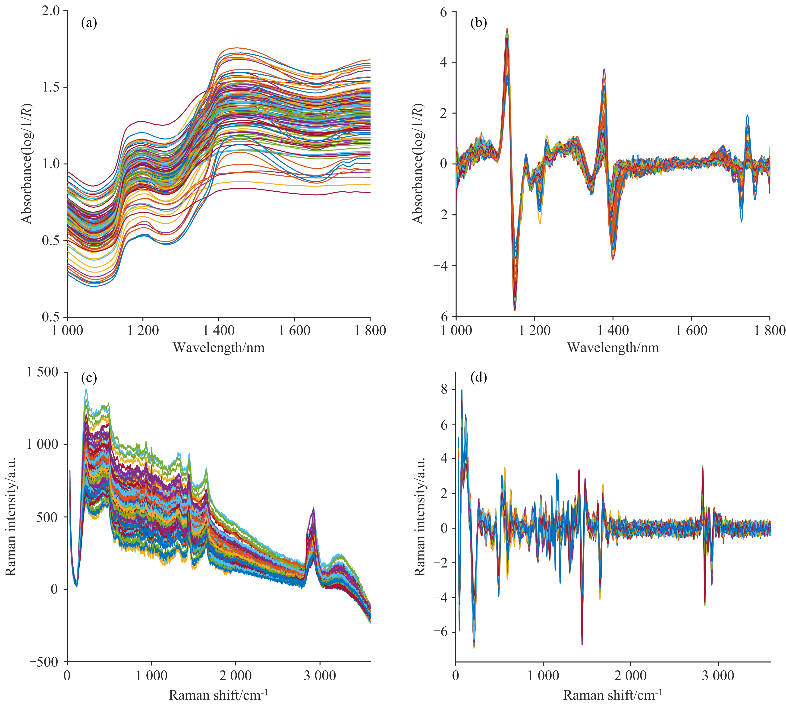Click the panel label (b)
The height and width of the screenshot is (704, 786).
(478, 23)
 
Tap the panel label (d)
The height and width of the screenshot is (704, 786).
(478, 377)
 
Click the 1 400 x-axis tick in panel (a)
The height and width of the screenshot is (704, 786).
(219, 331)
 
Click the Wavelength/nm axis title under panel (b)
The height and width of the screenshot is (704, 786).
(613, 347)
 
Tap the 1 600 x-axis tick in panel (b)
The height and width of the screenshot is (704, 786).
(691, 331)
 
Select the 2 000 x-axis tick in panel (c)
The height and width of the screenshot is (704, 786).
(236, 676)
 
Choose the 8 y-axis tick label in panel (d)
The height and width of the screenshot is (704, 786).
(444, 390)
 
